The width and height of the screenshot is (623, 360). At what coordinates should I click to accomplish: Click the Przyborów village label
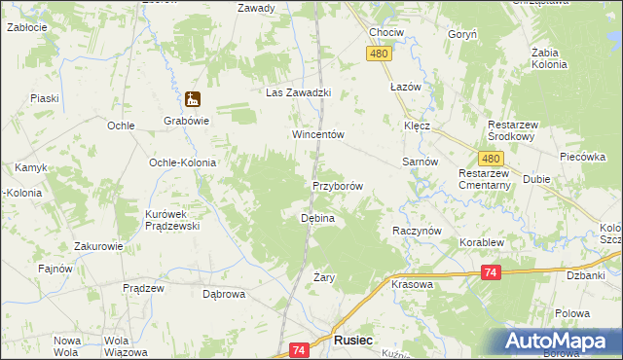point(338,186)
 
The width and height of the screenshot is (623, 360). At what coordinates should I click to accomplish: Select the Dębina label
point(316,219)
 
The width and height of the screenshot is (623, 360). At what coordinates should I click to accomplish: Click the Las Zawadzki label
point(300,92)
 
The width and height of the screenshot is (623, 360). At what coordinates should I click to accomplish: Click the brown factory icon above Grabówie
point(193,99)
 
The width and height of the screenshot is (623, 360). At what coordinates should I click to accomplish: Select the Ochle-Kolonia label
point(181,162)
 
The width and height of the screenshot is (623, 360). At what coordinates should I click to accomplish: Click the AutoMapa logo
point(560,342)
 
